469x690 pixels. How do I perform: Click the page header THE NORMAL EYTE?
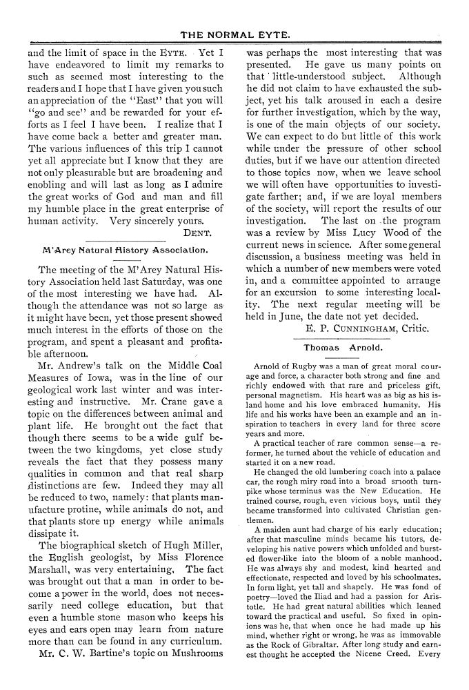pyautogui.click(x=235, y=32)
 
